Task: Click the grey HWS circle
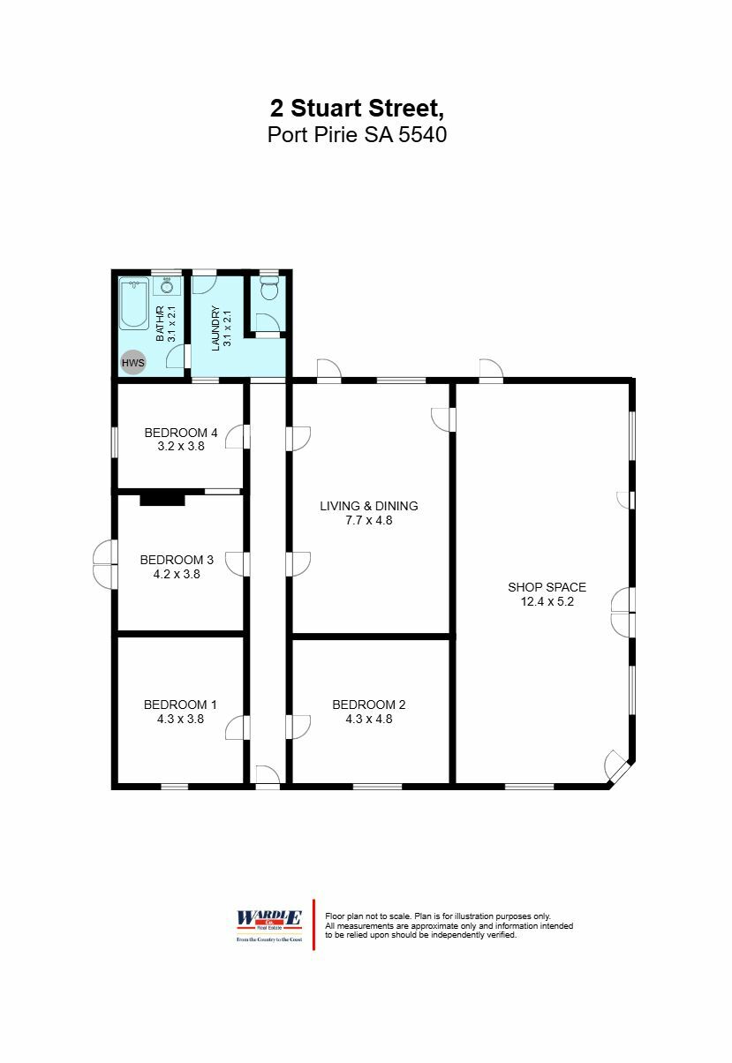point(133,362)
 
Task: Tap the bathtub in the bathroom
point(135,305)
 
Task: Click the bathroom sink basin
point(167,287)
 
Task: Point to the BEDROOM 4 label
point(180,433)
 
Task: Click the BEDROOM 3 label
point(177,560)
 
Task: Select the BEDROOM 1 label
point(180,705)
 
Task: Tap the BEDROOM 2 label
point(369,705)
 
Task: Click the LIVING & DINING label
point(369,506)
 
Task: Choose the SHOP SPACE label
point(547,587)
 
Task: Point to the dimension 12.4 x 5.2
point(547,602)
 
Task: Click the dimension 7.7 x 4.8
point(369,521)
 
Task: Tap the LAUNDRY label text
point(215,328)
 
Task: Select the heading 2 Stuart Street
point(357,109)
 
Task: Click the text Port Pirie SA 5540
point(357,135)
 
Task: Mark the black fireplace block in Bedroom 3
point(162,500)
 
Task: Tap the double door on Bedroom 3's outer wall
point(104,564)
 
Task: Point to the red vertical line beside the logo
point(314,924)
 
